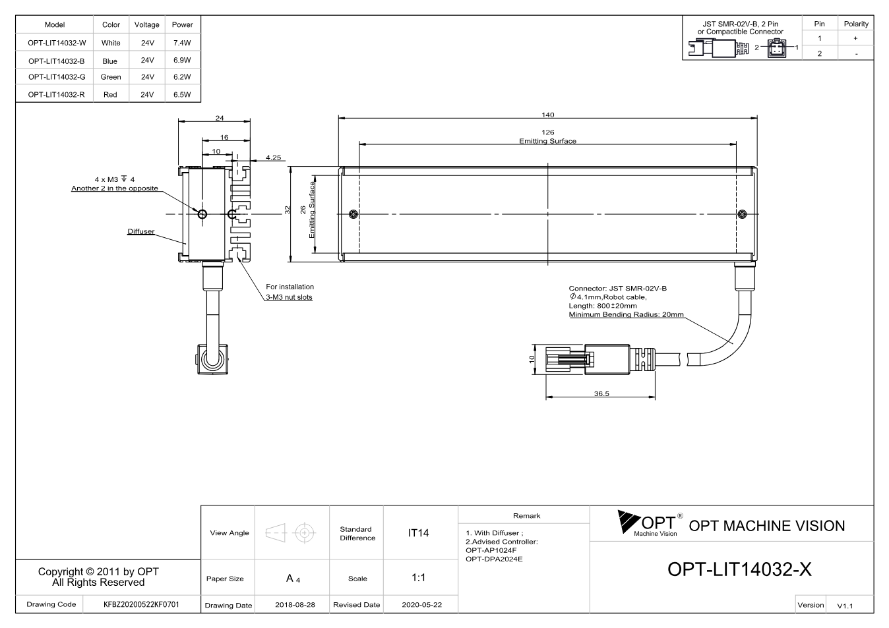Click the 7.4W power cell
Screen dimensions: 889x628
click(182, 43)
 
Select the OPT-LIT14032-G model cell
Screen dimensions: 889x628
click(57, 77)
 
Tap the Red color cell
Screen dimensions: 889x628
click(110, 94)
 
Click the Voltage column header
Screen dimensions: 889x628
click(147, 24)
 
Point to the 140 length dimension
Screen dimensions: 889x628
click(547, 115)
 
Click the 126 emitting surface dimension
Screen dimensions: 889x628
click(547, 132)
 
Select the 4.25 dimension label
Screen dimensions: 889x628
click(274, 157)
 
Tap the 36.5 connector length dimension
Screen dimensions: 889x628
click(601, 393)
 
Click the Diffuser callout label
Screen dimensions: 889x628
click(141, 231)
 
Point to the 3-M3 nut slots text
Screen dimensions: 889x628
click(289, 297)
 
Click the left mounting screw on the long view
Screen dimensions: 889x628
click(353, 214)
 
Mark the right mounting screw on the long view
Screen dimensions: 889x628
click(742, 214)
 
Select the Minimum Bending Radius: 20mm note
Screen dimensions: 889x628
click(627, 314)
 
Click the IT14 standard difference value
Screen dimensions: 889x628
click(418, 533)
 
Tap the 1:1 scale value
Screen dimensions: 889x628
click(418, 578)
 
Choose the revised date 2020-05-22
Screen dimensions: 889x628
click(421, 605)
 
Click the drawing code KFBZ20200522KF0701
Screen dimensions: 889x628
click(141, 604)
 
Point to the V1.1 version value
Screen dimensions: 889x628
click(845, 606)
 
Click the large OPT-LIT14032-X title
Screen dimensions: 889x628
click(739, 569)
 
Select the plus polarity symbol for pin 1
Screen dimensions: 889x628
click(855, 38)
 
